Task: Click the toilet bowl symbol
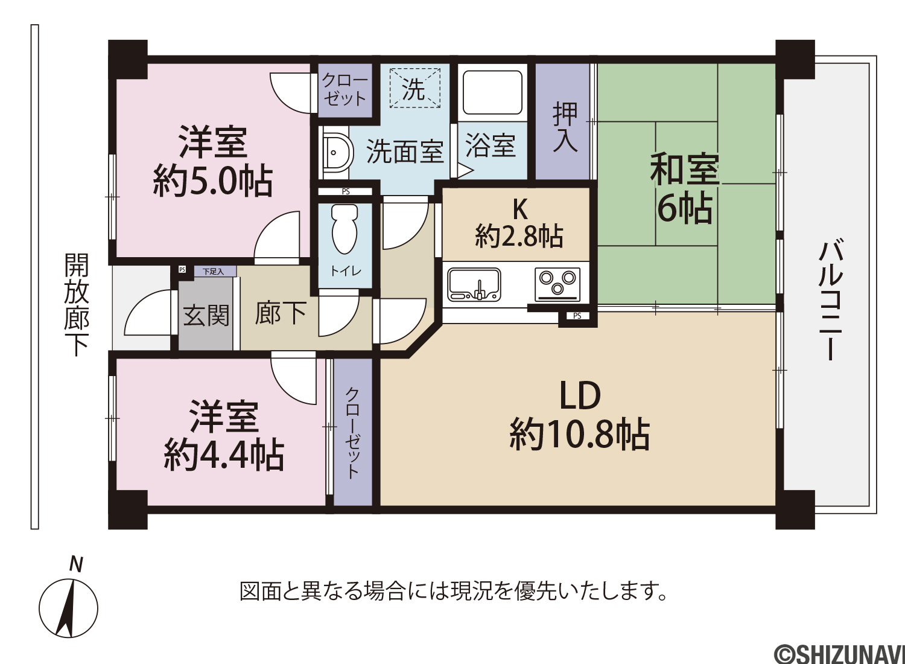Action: click(x=345, y=229)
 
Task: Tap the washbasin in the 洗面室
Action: click(x=336, y=152)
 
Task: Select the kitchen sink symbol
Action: click(x=474, y=286)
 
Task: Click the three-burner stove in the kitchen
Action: click(x=557, y=284)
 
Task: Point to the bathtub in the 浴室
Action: click(x=492, y=94)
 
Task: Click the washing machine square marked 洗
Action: click(x=415, y=88)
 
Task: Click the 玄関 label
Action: click(x=206, y=316)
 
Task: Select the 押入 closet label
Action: click(x=565, y=127)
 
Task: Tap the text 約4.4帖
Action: click(x=224, y=455)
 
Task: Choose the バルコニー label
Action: click(x=830, y=300)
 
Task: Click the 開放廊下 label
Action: click(x=77, y=304)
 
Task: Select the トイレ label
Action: click(x=346, y=271)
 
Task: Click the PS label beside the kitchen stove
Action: click(x=577, y=316)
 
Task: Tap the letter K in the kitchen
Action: click(x=520, y=209)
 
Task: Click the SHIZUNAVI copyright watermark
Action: click(x=839, y=654)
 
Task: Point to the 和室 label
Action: click(x=685, y=168)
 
